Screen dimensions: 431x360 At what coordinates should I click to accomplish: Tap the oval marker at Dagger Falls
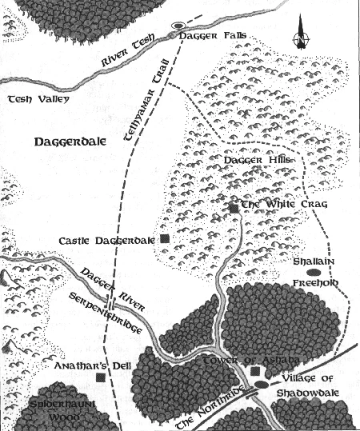pos(178,26)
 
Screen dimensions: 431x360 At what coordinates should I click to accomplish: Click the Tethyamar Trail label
pos(144,104)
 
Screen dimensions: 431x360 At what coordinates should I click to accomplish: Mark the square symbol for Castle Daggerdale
pos(164,238)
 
